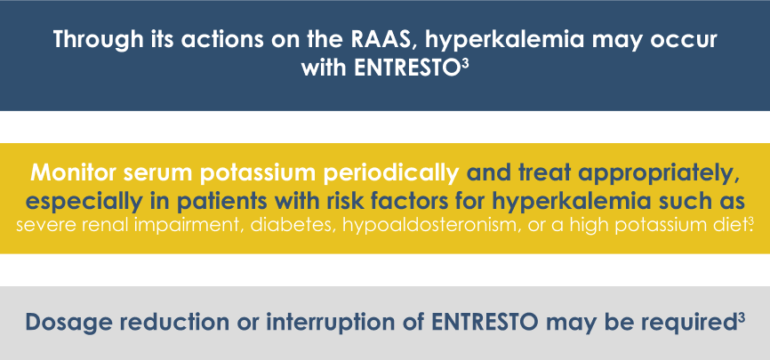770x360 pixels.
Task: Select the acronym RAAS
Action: [x=386, y=39]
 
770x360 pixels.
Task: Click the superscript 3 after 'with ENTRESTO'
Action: [x=461, y=64]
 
